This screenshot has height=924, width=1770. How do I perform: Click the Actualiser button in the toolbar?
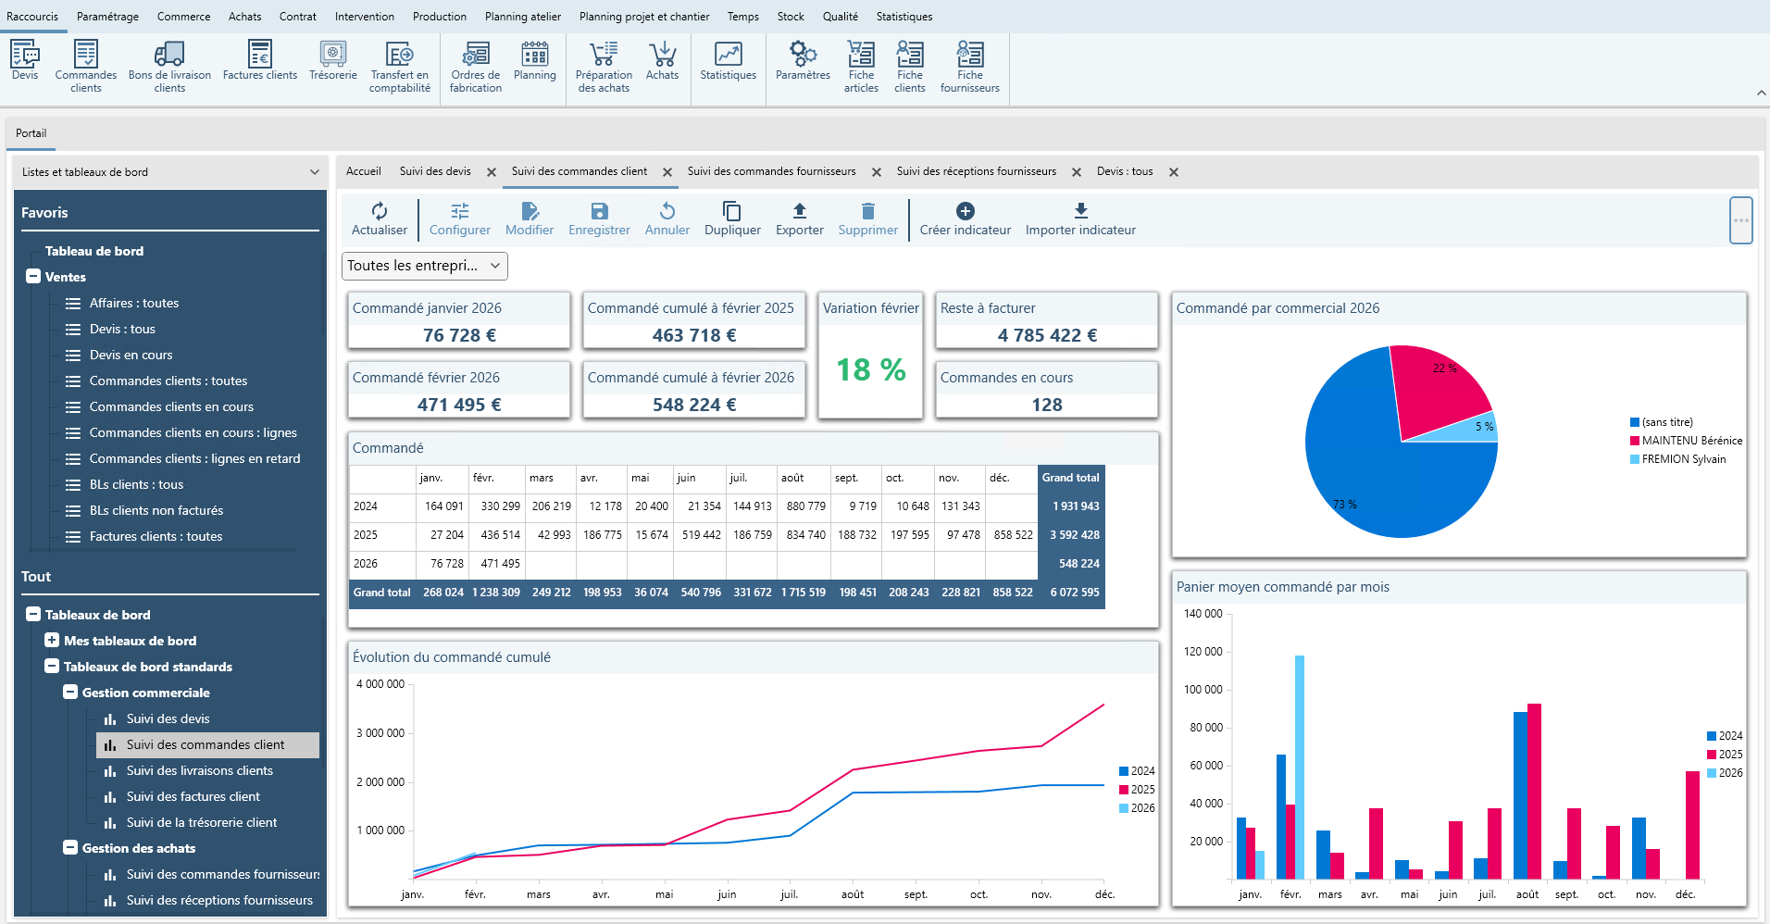pos(379,219)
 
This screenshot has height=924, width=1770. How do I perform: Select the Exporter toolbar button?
pos(799,219)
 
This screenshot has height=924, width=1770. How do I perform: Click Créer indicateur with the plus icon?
pos(965,219)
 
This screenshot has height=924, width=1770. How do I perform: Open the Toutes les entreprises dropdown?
pos(425,266)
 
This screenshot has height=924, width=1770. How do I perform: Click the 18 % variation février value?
pos(870,370)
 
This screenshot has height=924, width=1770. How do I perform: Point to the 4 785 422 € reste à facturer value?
pos(1046,335)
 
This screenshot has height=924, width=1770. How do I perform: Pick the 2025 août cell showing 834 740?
pos(805,535)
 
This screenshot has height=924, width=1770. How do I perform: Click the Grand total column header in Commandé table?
pos(1070,478)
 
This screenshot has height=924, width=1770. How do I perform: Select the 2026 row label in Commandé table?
pos(366,564)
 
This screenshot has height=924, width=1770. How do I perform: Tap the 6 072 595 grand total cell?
pos(1074,593)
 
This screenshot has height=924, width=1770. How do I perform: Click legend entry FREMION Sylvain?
pos(1683,459)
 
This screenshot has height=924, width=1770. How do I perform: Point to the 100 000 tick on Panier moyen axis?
pos(1203,690)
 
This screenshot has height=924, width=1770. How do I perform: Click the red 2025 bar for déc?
pos(1692,824)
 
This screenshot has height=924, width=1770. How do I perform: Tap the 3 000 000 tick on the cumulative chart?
pos(380,733)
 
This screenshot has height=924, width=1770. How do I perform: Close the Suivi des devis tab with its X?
pos(492,172)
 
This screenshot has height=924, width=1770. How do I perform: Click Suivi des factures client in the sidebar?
pos(193,796)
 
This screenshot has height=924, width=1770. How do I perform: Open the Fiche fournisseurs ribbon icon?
pos(969,65)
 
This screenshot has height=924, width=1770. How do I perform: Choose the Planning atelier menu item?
pos(522,17)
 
